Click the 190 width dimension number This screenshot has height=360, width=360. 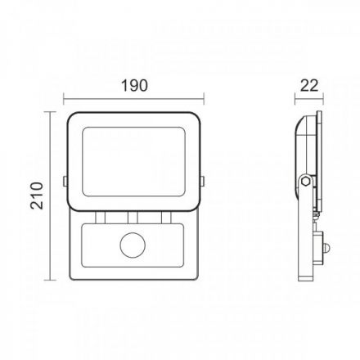pyautogui.click(x=134, y=85)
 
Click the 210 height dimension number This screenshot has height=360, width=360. pyautogui.click(x=37, y=196)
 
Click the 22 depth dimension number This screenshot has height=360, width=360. pyautogui.click(x=309, y=85)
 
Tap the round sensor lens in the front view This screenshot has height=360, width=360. pyautogui.click(x=133, y=245)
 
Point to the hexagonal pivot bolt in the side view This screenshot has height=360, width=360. pyautogui.click(x=305, y=181)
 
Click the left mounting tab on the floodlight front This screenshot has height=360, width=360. pyautogui.click(x=65, y=182)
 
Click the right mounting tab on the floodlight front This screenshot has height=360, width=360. pyautogui.click(x=202, y=182)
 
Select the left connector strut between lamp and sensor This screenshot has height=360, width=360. pyautogui.click(x=100, y=218)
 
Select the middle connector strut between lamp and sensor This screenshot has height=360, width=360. pyautogui.click(x=133, y=218)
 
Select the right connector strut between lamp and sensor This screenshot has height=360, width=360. pyautogui.click(x=166, y=218)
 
